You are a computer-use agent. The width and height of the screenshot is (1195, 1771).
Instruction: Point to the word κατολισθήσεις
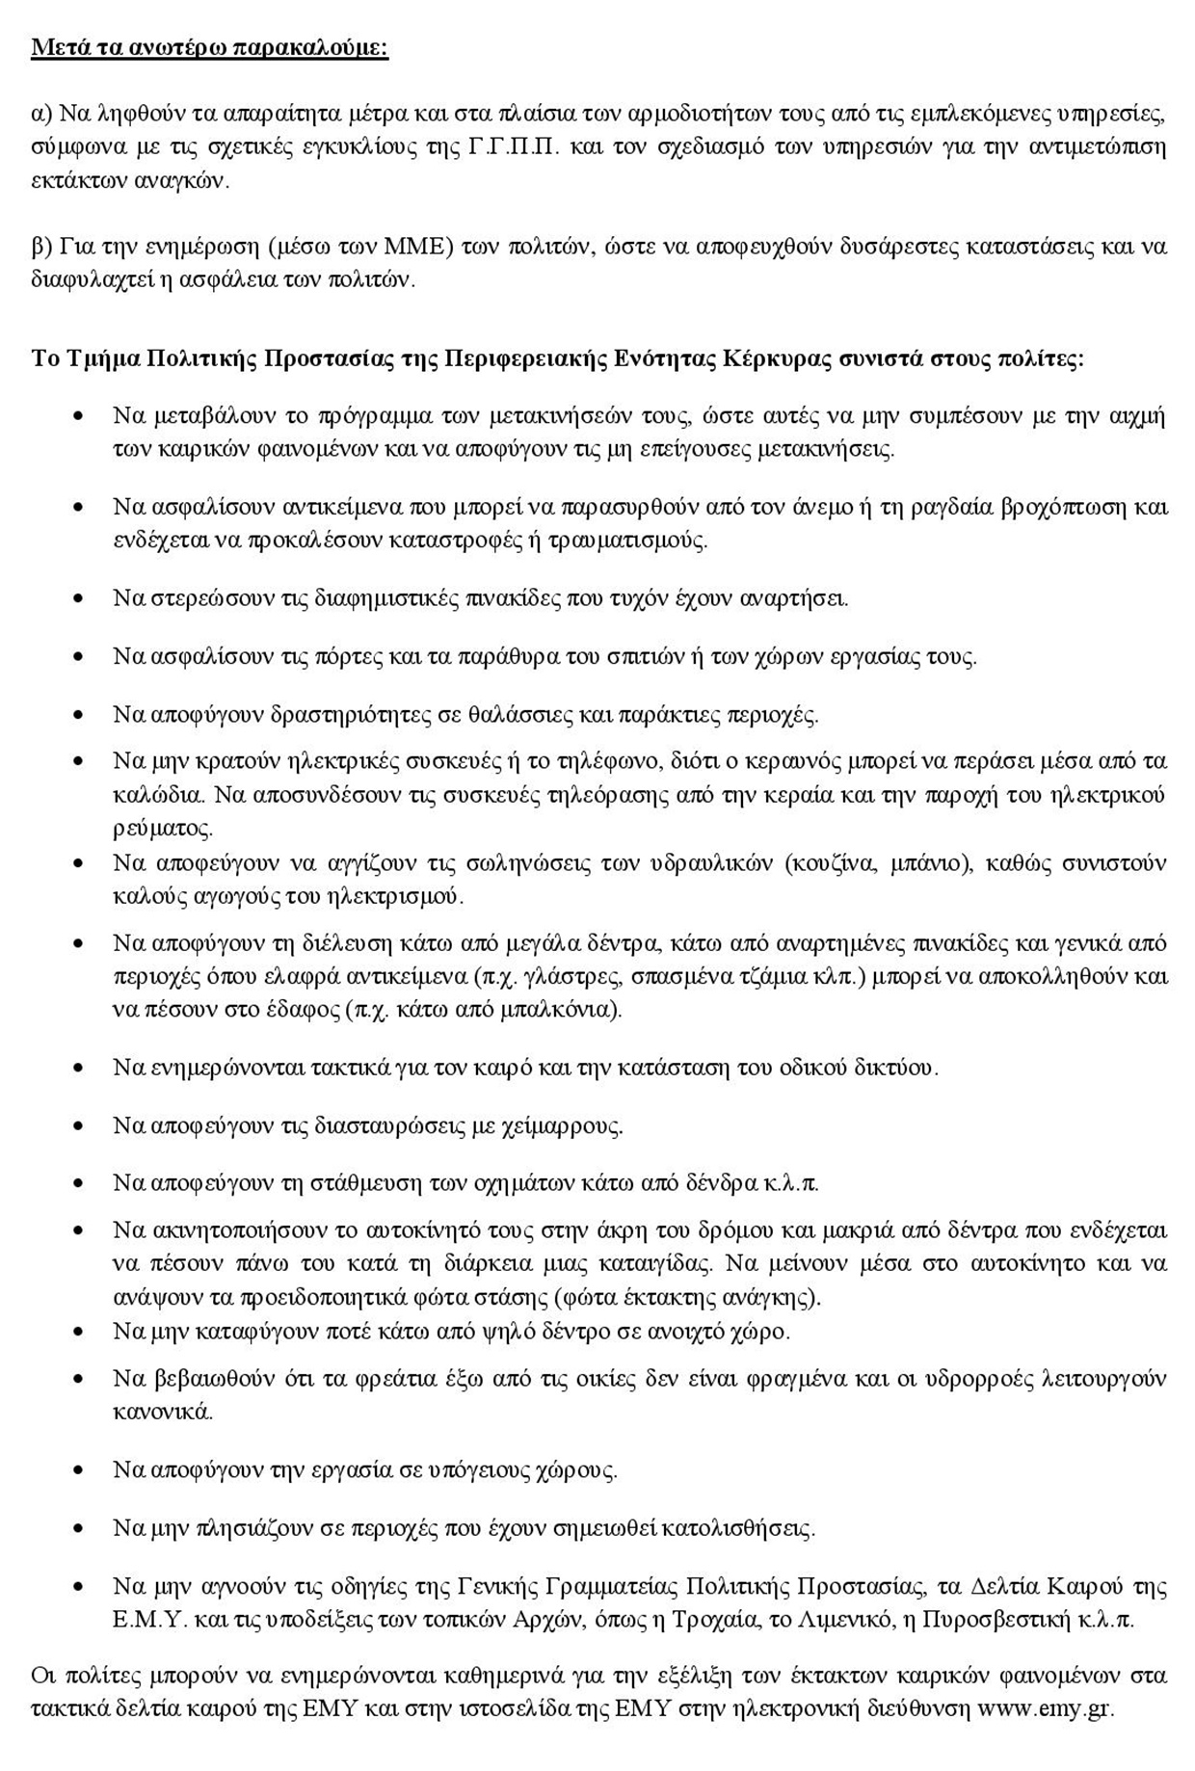pyautogui.click(x=735, y=1527)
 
